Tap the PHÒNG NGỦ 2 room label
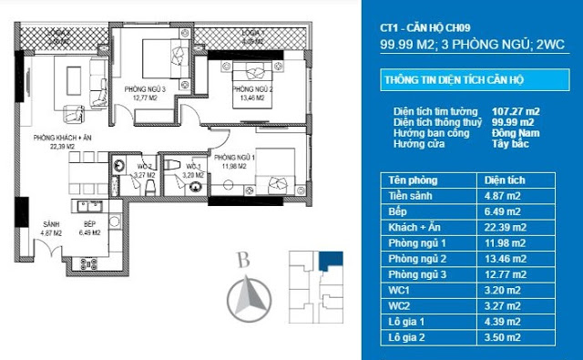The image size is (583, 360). click(x=251, y=89)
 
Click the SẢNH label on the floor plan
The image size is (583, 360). click(x=50, y=225)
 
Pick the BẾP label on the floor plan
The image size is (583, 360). click(x=87, y=225)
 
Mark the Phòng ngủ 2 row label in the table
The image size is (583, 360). click(x=414, y=258)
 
